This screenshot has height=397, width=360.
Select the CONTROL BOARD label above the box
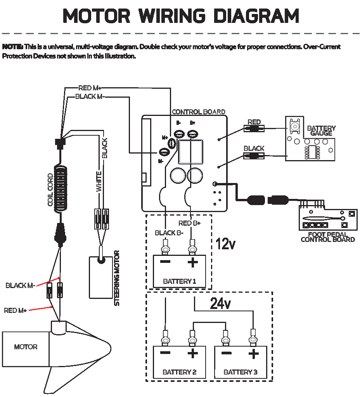point(198,112)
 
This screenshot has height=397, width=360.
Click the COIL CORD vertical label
point(50,190)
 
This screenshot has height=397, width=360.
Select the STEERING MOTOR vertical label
point(117,278)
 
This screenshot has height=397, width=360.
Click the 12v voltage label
point(225,244)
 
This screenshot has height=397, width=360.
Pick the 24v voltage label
point(220,304)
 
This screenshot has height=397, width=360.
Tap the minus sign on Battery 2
point(165,353)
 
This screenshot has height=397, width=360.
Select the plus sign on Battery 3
point(253,353)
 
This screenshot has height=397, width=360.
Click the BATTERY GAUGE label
point(321,131)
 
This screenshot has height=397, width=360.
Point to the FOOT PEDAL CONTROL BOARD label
point(327,237)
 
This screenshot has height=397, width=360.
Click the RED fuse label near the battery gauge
point(254,122)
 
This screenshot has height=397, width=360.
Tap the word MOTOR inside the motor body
point(26,347)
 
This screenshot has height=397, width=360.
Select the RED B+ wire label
point(189,223)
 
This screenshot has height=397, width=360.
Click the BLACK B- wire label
point(169,233)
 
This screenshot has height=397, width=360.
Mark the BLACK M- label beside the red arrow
point(20,286)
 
